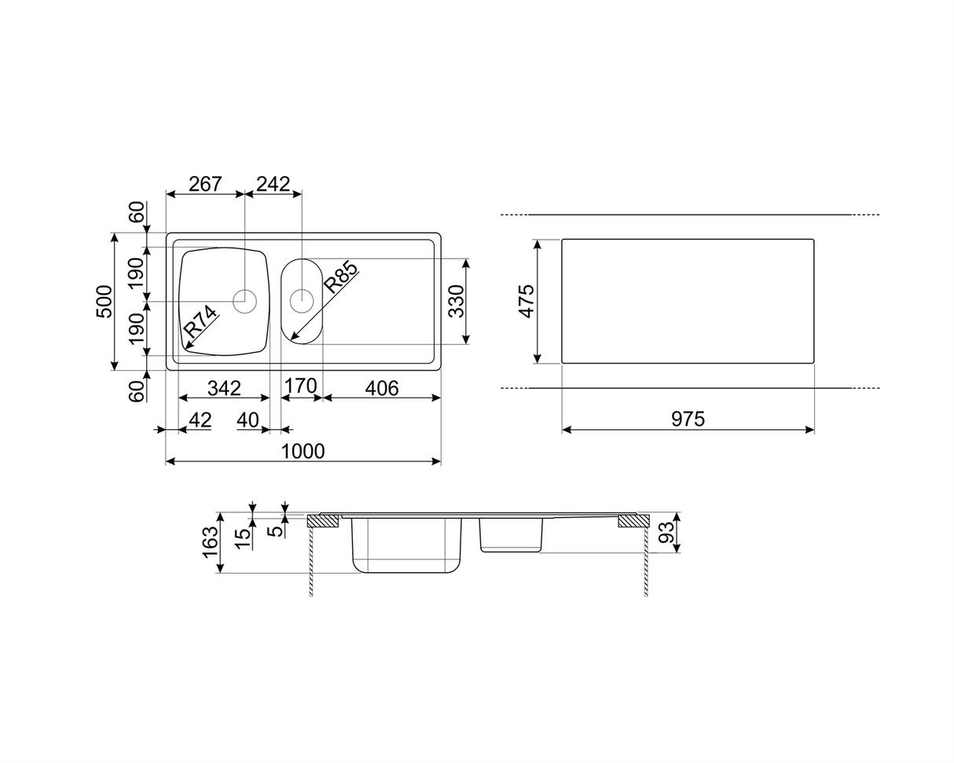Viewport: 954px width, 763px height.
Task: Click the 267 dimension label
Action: (205, 184)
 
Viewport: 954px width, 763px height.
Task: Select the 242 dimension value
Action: (273, 184)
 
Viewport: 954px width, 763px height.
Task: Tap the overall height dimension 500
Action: (105, 301)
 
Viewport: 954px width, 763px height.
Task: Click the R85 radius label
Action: (340, 278)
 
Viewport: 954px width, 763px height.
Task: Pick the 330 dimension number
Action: (456, 301)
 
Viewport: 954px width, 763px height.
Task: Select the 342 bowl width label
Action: (224, 388)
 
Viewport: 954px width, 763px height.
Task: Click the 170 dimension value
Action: (300, 386)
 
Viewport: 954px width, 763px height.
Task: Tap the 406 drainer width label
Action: (382, 388)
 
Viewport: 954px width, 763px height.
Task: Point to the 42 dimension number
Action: (200, 420)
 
